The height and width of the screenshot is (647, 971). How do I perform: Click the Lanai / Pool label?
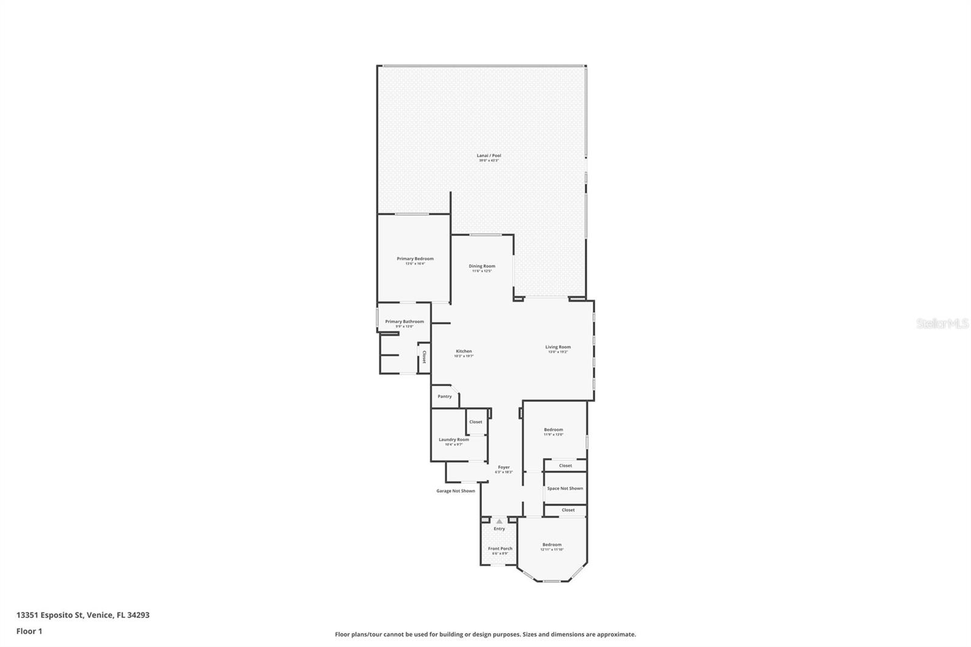[x=489, y=156]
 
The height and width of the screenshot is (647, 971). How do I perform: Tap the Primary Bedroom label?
[x=415, y=259]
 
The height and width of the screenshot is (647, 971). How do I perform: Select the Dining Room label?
[x=482, y=266]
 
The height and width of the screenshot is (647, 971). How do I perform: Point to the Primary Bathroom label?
[x=404, y=322]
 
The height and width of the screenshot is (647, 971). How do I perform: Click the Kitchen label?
[x=464, y=351]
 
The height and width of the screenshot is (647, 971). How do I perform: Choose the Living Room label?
[x=558, y=347]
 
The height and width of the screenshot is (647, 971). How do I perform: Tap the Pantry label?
[x=445, y=396]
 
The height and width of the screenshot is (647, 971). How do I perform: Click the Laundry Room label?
[x=454, y=440]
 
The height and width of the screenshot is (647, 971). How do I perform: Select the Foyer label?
[x=504, y=467]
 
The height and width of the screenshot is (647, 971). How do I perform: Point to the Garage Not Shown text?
[x=456, y=491]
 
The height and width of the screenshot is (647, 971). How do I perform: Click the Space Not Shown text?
[x=565, y=489]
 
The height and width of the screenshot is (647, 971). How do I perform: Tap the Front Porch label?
[x=500, y=549]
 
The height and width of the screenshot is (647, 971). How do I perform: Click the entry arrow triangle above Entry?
[x=499, y=521]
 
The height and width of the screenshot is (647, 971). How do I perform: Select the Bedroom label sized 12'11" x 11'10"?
[x=552, y=545]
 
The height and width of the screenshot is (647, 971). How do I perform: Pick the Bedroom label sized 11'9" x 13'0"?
[x=553, y=430]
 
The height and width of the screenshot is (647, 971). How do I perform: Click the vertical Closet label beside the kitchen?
[x=424, y=357]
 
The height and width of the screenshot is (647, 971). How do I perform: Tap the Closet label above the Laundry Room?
[x=476, y=422]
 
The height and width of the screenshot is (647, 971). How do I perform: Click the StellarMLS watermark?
[x=942, y=324]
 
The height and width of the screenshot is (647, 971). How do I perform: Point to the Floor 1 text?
[x=29, y=631]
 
